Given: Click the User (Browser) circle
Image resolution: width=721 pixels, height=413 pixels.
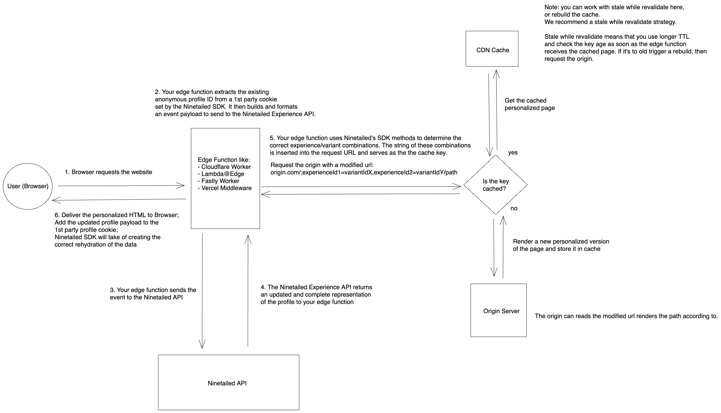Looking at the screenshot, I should [28, 186].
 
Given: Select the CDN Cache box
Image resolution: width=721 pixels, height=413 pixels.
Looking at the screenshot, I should [492, 49].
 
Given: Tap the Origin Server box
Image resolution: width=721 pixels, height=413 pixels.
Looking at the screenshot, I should [498, 310].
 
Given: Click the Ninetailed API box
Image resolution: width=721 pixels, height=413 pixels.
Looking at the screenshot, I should [228, 383].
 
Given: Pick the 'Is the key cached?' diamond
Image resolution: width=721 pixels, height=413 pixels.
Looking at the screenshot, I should [495, 185].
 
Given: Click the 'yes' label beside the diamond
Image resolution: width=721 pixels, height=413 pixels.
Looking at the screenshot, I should [513, 153].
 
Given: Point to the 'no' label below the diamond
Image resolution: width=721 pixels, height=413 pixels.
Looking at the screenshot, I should [514, 208].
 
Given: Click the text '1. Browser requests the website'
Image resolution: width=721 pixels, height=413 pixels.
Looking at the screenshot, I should [108, 172].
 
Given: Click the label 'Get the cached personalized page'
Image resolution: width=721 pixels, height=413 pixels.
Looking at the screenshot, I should [530, 104].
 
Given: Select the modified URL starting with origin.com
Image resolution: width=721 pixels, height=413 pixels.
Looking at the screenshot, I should [364, 172].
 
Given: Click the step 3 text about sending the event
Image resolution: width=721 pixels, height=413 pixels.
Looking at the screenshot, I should [153, 294].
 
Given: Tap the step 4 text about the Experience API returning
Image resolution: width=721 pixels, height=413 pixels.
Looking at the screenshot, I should [316, 294].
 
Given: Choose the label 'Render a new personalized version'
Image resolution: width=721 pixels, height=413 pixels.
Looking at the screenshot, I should [561, 242].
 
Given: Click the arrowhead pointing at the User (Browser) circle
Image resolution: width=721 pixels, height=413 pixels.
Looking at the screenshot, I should [55, 201].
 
